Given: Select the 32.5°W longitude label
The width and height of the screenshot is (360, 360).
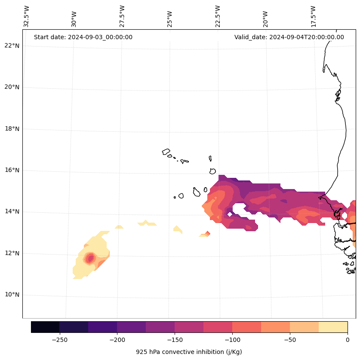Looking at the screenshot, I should point(27,16).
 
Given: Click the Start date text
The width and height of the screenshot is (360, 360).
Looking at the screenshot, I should point(83,37).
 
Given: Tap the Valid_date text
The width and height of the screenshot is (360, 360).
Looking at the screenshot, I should point(289,37).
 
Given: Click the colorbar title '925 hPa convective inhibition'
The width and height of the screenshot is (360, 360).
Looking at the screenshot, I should point(189,352).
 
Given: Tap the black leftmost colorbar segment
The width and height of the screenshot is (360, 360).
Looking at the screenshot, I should point(45,327).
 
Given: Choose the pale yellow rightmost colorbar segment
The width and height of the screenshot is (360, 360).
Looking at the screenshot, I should point(333,327).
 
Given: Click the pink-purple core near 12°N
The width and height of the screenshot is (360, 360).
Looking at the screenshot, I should point(90,258).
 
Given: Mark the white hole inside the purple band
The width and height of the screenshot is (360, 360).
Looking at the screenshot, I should point(238,210).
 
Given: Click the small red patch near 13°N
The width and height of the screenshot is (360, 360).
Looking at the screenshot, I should point(208,233).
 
